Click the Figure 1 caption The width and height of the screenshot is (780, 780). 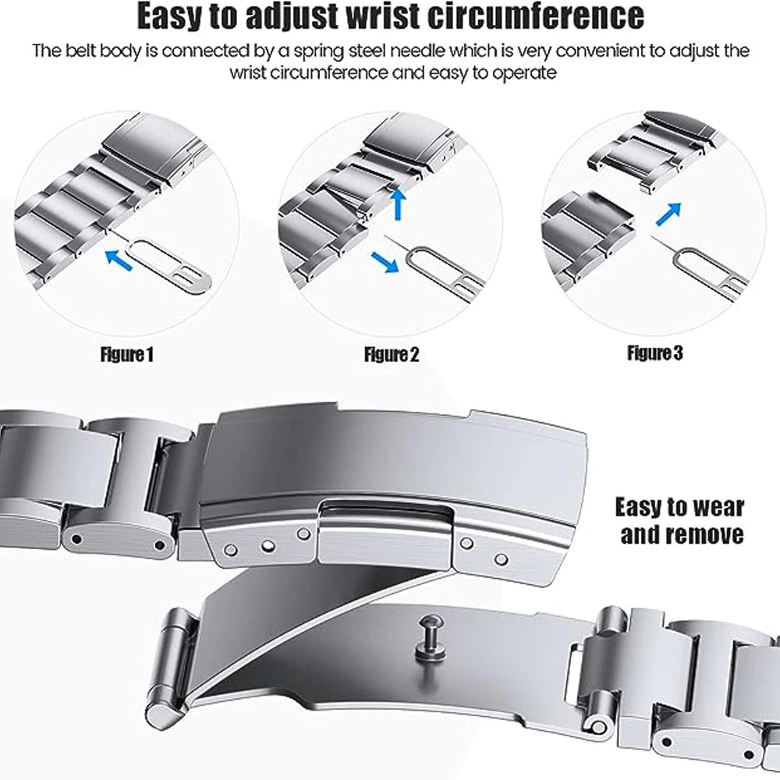pos(127,355)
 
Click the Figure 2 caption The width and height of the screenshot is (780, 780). pos(392,355)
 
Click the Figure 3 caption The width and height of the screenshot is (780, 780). pos(655,353)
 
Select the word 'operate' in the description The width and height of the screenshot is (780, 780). pos(527,73)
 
